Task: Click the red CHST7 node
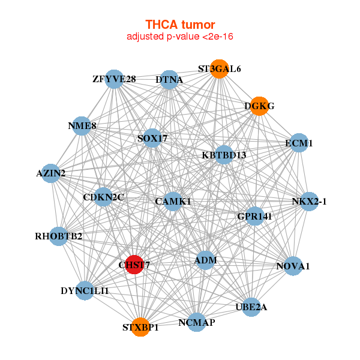(x=134, y=264)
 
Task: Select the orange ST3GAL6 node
(x=220, y=69)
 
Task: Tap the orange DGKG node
(x=259, y=106)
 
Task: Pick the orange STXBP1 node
(x=140, y=327)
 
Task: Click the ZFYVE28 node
(x=114, y=79)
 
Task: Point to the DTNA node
(x=169, y=79)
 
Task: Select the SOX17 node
(x=152, y=138)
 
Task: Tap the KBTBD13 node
(x=224, y=155)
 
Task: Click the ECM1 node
(x=299, y=143)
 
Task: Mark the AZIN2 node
(x=52, y=173)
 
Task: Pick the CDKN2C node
(x=103, y=197)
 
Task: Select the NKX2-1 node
(x=308, y=202)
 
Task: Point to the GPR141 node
(x=254, y=217)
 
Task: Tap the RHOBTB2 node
(x=59, y=236)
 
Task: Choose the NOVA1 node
(x=293, y=266)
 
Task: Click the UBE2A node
(x=251, y=307)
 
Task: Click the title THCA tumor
(x=180, y=25)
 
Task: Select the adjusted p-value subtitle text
(x=180, y=37)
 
